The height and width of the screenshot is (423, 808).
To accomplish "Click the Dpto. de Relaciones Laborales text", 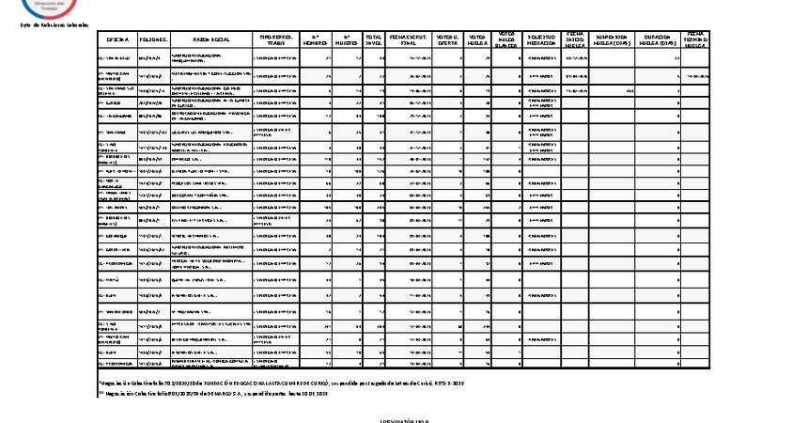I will tap(54, 24).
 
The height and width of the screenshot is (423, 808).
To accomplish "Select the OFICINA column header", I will tap(117, 39).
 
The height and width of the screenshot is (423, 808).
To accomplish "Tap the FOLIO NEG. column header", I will tap(153, 39).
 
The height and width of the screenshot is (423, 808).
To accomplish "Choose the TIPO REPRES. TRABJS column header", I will tap(276, 39).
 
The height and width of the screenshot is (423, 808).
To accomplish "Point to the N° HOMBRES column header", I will tap(316, 39).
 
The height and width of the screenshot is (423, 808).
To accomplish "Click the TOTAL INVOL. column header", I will tap(374, 39).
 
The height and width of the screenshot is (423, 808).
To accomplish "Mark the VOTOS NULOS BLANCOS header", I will tap(507, 39).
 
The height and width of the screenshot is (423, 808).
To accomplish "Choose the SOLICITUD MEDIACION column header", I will tap(541, 39).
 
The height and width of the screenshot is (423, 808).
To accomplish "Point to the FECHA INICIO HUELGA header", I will tap(574, 39).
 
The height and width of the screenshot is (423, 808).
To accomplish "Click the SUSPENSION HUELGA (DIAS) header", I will tap(612, 39).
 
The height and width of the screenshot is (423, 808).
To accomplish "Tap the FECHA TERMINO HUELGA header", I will tap(696, 39).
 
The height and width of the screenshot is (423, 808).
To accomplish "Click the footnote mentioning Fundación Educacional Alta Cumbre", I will tap(282, 383).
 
